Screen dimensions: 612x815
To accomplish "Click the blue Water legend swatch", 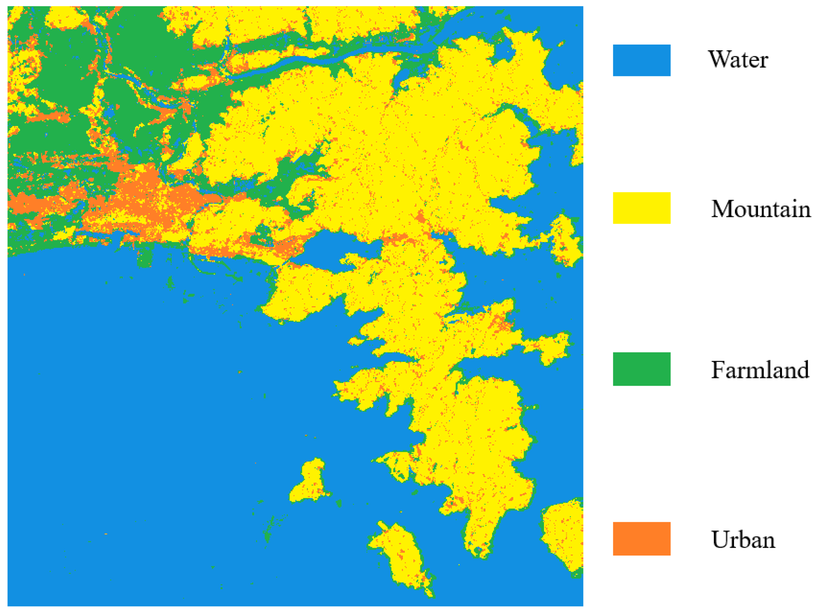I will (641, 60).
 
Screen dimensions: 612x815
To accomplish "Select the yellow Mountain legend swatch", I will (641, 208).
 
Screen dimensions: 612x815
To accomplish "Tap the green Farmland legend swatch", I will (641, 369).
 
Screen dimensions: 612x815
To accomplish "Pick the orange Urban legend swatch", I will (641, 538).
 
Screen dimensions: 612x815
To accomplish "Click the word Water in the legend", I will (738, 60).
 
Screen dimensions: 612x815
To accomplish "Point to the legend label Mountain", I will (760, 209).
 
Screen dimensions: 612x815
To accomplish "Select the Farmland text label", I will (760, 370).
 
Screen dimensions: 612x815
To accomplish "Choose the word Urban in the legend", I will (743, 539).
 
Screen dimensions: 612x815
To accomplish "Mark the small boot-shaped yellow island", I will (310, 482).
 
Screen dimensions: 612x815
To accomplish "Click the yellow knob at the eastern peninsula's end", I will (554, 348).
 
